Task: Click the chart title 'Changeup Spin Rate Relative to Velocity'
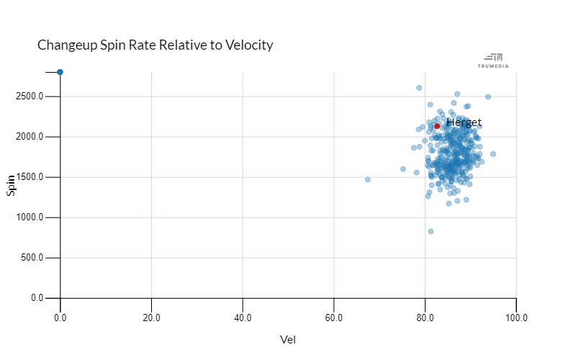(155, 45)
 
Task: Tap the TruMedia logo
(493, 60)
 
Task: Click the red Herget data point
(437, 126)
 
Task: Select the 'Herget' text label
(464, 122)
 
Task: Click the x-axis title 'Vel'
(288, 340)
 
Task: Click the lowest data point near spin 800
(431, 231)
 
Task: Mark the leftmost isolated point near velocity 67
(367, 179)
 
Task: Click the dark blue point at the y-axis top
(60, 72)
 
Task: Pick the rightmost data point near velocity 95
(493, 154)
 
